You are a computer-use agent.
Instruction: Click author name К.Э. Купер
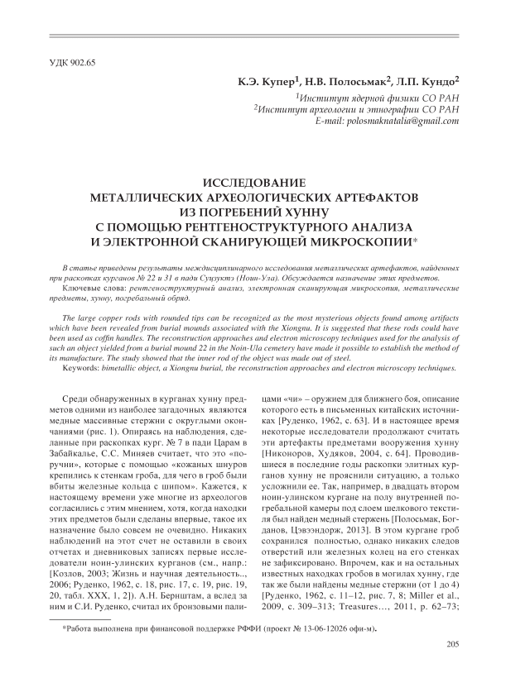(x=266, y=84)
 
